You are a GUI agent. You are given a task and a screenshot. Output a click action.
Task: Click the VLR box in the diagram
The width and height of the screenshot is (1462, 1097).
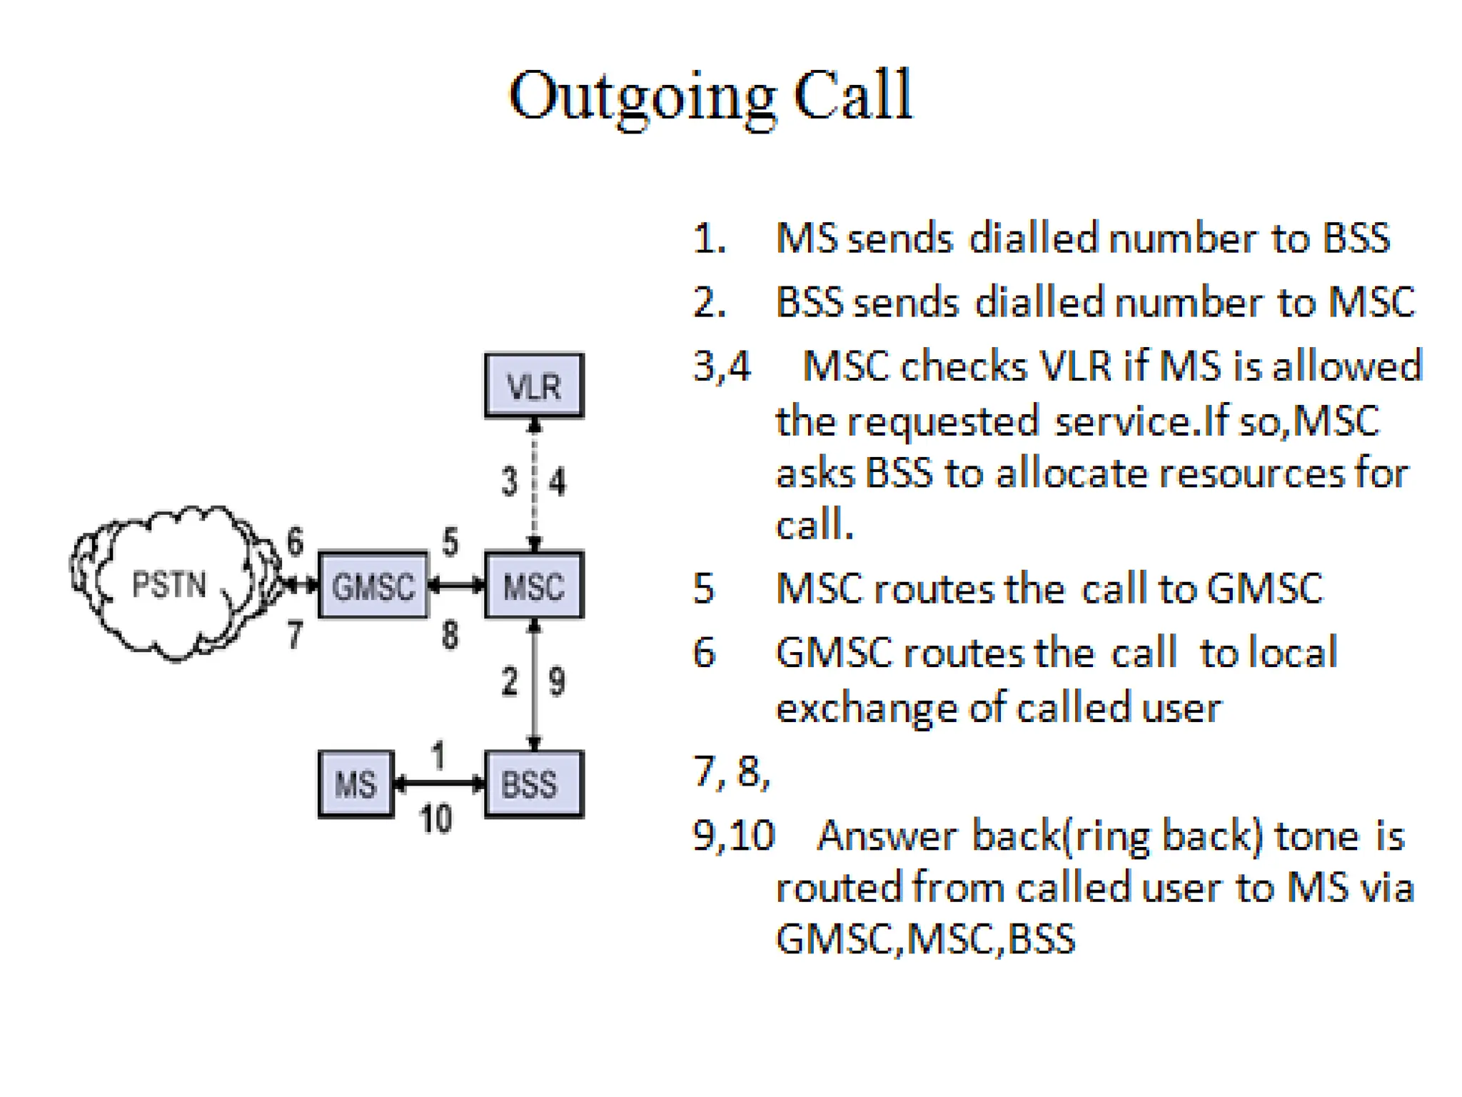click(x=534, y=386)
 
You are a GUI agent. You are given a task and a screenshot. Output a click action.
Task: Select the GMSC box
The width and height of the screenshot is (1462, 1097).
click(x=373, y=586)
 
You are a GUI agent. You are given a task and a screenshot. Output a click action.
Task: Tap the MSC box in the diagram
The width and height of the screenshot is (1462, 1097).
click(x=534, y=586)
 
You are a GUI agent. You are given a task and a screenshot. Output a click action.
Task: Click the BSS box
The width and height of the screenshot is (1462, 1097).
click(x=533, y=784)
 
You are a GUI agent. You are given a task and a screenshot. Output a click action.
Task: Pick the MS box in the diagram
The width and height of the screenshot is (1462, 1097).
click(x=356, y=784)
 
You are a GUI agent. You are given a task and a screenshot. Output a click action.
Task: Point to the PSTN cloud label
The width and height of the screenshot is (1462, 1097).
click(x=169, y=586)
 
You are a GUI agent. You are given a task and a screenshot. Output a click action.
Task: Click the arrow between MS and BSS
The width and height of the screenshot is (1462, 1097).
click(x=439, y=784)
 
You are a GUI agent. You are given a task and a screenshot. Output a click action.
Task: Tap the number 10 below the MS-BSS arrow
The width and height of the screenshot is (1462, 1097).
click(x=435, y=818)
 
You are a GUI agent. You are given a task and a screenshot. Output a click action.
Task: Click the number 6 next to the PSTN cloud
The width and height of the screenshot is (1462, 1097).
click(x=295, y=541)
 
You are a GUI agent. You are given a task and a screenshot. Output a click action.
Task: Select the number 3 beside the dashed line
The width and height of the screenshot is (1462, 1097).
click(x=509, y=481)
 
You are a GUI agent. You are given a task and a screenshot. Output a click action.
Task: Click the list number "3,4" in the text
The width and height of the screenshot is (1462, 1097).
click(x=722, y=366)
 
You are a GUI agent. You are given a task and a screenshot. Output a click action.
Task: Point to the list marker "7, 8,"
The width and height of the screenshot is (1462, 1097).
click(x=732, y=771)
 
